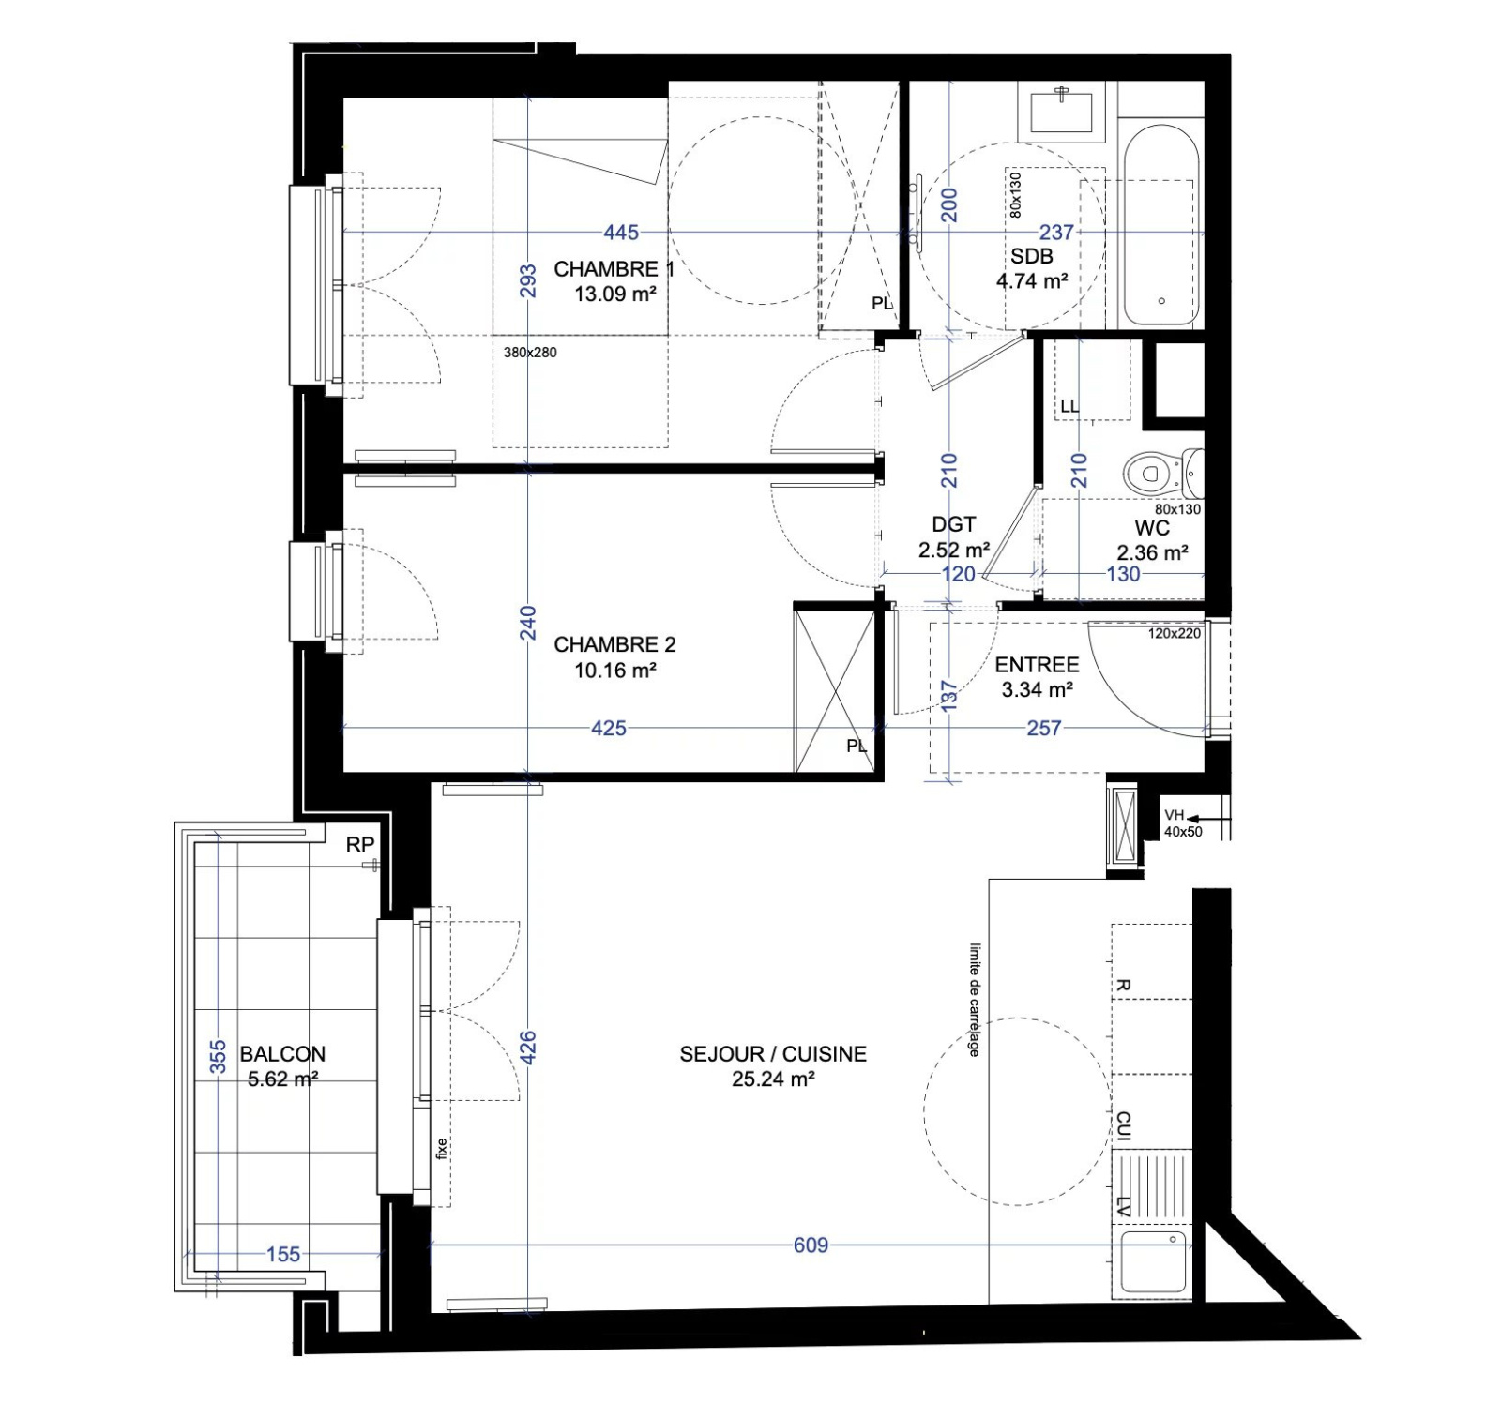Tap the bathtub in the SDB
point(1161,226)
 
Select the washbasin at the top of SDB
point(1062,112)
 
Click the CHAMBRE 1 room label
point(614,269)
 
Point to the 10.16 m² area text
point(615,671)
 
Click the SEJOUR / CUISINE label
point(773,1054)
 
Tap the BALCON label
point(282,1054)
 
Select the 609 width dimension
point(811,1245)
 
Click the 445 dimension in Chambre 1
point(621,232)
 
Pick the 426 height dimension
point(528,1048)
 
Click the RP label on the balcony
point(360,845)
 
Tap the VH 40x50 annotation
point(1183,823)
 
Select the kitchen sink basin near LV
point(1153,1262)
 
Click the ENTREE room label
point(1037,665)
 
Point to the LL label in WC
point(1069,407)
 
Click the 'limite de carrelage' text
point(975,1000)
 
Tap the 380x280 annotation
point(530,353)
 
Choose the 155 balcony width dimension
point(283,1255)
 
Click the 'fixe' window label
point(442,1148)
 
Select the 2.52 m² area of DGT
point(954,551)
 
